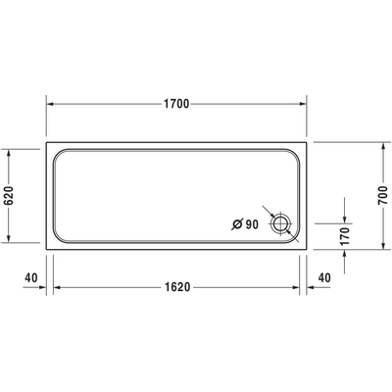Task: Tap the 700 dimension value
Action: tap(382, 197)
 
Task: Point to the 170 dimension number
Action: tap(344, 235)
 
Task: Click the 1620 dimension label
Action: tap(177, 288)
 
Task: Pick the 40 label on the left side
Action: tap(30, 277)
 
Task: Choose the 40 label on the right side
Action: tap(325, 277)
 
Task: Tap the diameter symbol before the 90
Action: tap(236, 224)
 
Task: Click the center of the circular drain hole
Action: tap(282, 224)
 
